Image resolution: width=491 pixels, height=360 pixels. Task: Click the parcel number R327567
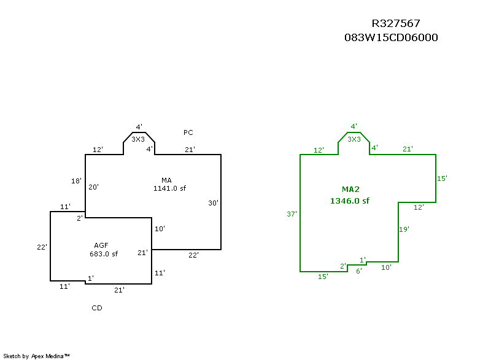point(396,24)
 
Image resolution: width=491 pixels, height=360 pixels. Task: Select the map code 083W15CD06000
point(391,37)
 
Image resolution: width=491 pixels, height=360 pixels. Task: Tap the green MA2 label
point(349,189)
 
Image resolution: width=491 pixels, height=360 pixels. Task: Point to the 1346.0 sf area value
point(349,201)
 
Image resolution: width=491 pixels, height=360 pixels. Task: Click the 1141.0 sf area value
point(169,189)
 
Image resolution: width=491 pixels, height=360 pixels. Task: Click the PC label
point(188,132)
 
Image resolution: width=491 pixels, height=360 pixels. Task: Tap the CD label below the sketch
point(97,308)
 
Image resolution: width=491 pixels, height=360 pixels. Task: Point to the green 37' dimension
point(292,214)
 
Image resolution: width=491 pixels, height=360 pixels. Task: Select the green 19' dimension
point(404,229)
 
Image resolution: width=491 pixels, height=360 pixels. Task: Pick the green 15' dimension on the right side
point(442,178)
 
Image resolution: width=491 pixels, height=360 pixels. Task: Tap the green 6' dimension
point(359,271)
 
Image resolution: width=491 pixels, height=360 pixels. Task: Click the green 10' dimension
point(386,267)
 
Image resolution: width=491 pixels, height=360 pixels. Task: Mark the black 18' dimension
point(77,181)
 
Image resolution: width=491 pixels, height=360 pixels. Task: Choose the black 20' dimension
point(93,187)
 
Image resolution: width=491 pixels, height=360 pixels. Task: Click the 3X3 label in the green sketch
point(354,139)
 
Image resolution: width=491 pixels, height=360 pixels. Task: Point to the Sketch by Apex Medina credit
point(37,356)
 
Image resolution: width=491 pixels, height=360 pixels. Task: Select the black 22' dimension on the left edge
point(42,247)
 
